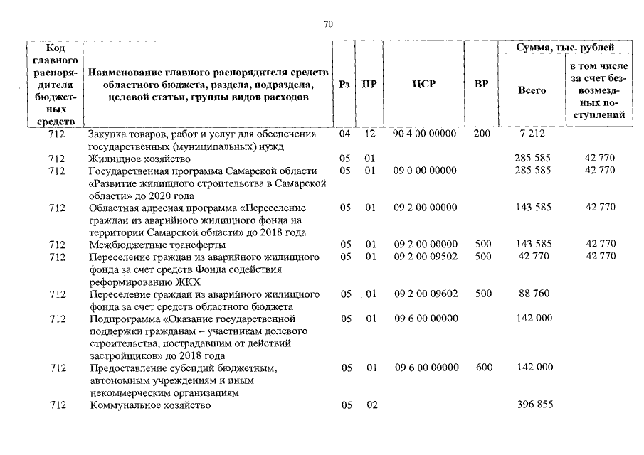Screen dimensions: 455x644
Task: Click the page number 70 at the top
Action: [x=328, y=24]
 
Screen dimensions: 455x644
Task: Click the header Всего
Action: [x=532, y=90]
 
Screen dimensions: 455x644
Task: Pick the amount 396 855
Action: [x=533, y=405]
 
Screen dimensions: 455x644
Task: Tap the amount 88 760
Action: [x=533, y=293]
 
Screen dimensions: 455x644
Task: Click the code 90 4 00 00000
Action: [x=424, y=134]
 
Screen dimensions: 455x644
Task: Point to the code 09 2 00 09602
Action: [x=424, y=293]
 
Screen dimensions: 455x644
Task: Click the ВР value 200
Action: [x=482, y=134]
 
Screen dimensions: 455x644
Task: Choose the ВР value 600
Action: [x=483, y=368]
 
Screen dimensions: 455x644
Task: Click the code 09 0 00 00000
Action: [x=424, y=171]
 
